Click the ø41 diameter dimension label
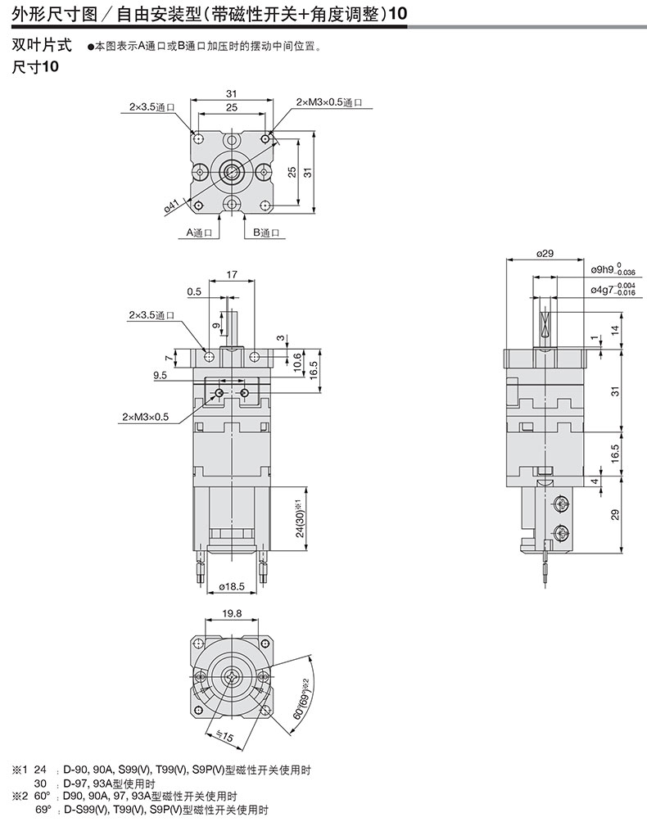pyautogui.click(x=172, y=206)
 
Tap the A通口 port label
pyautogui.click(x=199, y=233)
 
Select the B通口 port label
pyautogui.click(x=266, y=233)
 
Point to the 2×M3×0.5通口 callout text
pyautogui.click(x=329, y=102)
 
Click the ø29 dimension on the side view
pyautogui.click(x=545, y=253)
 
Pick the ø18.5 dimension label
pyautogui.click(x=232, y=586)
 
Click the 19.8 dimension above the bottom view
pyautogui.click(x=232, y=613)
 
